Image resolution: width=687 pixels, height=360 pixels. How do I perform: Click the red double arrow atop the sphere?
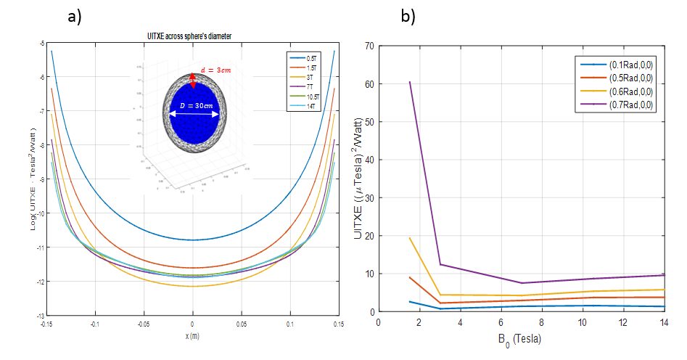(193, 80)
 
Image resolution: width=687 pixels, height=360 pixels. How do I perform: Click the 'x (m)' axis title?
(192, 336)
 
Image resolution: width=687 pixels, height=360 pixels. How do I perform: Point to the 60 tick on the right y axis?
(371, 83)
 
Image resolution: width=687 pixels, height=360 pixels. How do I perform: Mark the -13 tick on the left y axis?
(42, 316)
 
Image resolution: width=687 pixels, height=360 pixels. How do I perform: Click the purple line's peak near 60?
(410, 81)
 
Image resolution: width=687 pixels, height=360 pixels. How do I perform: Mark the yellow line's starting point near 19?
(410, 238)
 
